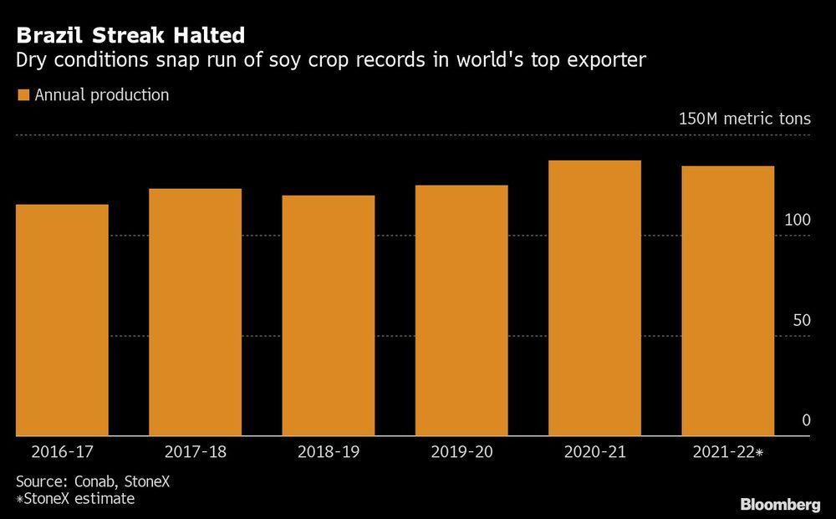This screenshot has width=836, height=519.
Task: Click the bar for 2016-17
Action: (x=62, y=320)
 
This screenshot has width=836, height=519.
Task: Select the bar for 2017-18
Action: (x=195, y=313)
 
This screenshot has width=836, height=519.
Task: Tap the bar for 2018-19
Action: (x=328, y=316)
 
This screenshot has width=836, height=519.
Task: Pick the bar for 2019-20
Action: (x=461, y=311)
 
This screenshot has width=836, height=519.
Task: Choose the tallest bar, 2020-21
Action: (x=594, y=298)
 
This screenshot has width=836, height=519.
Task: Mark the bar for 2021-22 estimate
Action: (x=727, y=301)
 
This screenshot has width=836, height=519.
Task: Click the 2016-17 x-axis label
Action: (x=62, y=452)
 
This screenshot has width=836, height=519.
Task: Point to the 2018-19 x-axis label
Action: (x=328, y=452)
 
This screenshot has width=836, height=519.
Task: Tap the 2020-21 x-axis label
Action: (x=594, y=452)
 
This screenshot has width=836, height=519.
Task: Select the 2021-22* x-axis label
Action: (x=729, y=452)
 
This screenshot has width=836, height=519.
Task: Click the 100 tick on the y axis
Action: (x=798, y=220)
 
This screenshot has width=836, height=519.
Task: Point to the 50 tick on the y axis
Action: (x=802, y=320)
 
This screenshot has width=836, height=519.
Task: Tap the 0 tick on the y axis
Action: (x=806, y=420)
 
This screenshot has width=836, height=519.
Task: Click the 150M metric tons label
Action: (x=744, y=119)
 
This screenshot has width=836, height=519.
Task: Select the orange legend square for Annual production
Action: (x=23, y=95)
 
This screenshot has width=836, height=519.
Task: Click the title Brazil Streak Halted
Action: (x=130, y=35)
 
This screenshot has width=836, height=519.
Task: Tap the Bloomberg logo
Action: (x=780, y=504)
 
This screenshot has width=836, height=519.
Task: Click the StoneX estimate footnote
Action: (x=75, y=499)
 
